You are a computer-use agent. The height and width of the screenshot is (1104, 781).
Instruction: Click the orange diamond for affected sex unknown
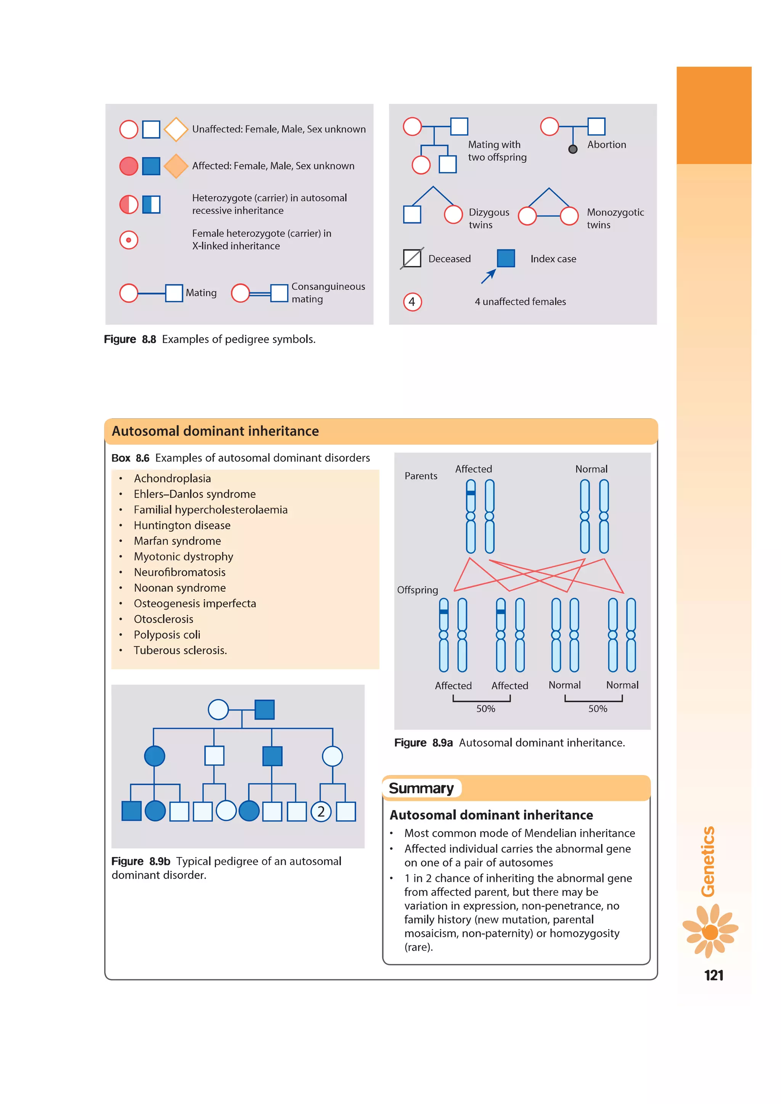pyautogui.click(x=176, y=166)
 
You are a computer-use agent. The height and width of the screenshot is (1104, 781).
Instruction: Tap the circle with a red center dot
pyautogui.click(x=129, y=240)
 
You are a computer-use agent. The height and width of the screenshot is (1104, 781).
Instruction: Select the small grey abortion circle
pyautogui.click(x=573, y=149)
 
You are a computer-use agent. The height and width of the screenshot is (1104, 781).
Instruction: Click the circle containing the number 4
pyautogui.click(x=412, y=302)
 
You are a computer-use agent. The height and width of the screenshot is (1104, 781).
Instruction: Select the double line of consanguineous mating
pyautogui.click(x=260, y=293)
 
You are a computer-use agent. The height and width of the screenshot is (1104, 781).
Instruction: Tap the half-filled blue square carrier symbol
pyautogui.click(x=151, y=204)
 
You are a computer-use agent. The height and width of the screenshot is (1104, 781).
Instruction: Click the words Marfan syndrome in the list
pyautogui.click(x=177, y=541)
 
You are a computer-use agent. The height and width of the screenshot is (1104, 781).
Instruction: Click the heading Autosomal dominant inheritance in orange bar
pyautogui.click(x=215, y=431)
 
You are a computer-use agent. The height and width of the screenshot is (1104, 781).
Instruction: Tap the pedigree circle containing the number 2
pyautogui.click(x=321, y=812)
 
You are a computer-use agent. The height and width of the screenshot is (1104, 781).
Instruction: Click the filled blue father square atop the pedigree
pyautogui.click(x=265, y=709)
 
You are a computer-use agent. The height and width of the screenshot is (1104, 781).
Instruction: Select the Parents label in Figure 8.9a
pyautogui.click(x=421, y=476)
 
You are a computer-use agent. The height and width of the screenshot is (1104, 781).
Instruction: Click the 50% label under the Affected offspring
pyautogui.click(x=486, y=709)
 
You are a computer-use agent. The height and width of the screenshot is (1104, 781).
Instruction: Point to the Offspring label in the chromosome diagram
pyautogui.click(x=418, y=590)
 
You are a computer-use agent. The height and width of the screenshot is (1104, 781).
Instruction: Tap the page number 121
pyautogui.click(x=714, y=975)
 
